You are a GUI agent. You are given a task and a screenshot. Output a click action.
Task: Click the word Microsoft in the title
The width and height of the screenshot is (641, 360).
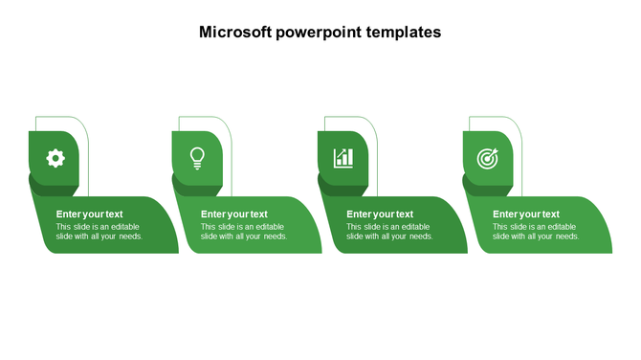pos(234,32)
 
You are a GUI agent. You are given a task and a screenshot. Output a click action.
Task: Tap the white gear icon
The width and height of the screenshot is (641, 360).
pos(55,157)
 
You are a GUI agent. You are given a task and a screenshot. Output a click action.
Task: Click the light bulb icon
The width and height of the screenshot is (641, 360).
pos(197,157)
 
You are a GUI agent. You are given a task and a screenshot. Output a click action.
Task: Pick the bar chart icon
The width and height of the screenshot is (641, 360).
pos(343,158)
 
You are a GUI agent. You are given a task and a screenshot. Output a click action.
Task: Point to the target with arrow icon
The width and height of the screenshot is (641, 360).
pos(488,158)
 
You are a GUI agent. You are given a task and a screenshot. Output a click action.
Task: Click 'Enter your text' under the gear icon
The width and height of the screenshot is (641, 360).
pos(89,214)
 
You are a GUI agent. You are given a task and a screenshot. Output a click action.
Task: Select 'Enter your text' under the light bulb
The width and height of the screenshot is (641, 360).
pos(234,214)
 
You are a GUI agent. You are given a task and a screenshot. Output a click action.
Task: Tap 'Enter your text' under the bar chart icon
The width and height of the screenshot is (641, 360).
pos(380,214)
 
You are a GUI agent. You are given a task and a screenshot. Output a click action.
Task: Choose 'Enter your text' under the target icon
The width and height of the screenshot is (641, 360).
pos(526,214)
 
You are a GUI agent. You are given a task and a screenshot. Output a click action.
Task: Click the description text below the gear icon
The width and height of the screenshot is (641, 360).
pos(99,232)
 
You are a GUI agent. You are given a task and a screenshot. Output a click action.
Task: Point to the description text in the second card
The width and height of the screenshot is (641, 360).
pos(244,232)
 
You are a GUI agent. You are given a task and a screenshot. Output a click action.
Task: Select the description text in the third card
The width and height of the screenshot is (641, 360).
pos(389,232)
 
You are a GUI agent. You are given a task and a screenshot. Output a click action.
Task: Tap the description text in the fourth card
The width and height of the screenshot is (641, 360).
pos(536,232)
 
